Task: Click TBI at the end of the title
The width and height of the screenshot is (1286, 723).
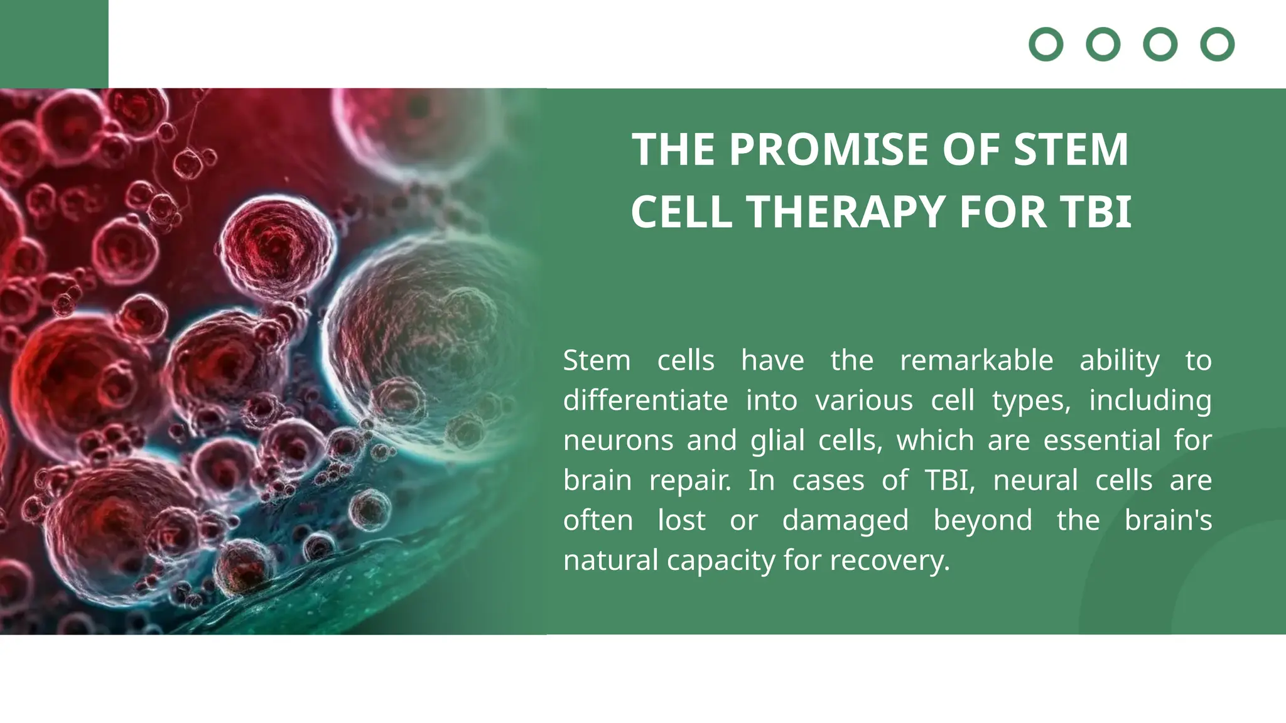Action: [x=1096, y=212]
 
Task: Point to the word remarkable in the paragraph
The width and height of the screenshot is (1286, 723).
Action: [x=976, y=361]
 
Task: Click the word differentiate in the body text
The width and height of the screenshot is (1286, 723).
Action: [x=645, y=400]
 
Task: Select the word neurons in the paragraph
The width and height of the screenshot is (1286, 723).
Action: [x=618, y=441]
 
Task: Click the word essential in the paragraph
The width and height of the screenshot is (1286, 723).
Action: [x=1101, y=441]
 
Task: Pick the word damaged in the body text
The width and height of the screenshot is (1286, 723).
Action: [x=845, y=520]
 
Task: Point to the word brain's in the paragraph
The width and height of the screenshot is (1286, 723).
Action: [x=1167, y=520]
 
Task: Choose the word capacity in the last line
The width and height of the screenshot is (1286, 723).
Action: [x=721, y=560]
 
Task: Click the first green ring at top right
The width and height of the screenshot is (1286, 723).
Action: [x=1046, y=45]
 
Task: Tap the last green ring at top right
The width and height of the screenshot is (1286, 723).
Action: [x=1217, y=45]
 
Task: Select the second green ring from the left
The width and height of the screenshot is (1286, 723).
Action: [x=1103, y=45]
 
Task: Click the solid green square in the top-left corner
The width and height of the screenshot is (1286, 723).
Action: [x=54, y=44]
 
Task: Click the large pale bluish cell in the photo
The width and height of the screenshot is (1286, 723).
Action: [x=427, y=339]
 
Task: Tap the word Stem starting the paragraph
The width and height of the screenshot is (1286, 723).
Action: [x=597, y=361]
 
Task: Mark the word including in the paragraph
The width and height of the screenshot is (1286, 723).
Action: [x=1150, y=400]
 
